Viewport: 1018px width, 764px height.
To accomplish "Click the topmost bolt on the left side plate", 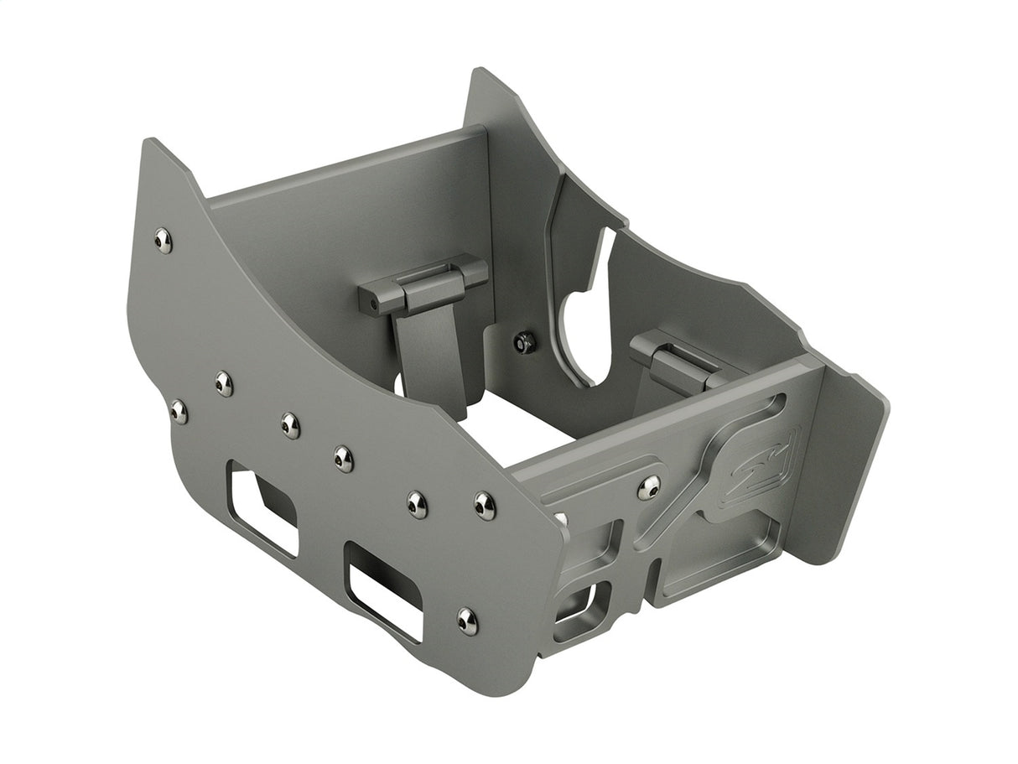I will (x=164, y=241).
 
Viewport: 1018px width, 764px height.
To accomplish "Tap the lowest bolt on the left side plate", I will (x=467, y=621).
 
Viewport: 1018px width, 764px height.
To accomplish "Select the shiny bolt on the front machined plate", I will (x=648, y=488).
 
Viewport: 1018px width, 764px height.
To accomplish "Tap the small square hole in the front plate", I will (x=577, y=604).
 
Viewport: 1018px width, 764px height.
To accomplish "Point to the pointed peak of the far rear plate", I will (x=480, y=72).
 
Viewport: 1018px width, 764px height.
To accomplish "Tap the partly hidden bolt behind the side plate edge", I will (x=559, y=519).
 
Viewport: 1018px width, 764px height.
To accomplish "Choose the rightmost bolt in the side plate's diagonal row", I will (x=485, y=506).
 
